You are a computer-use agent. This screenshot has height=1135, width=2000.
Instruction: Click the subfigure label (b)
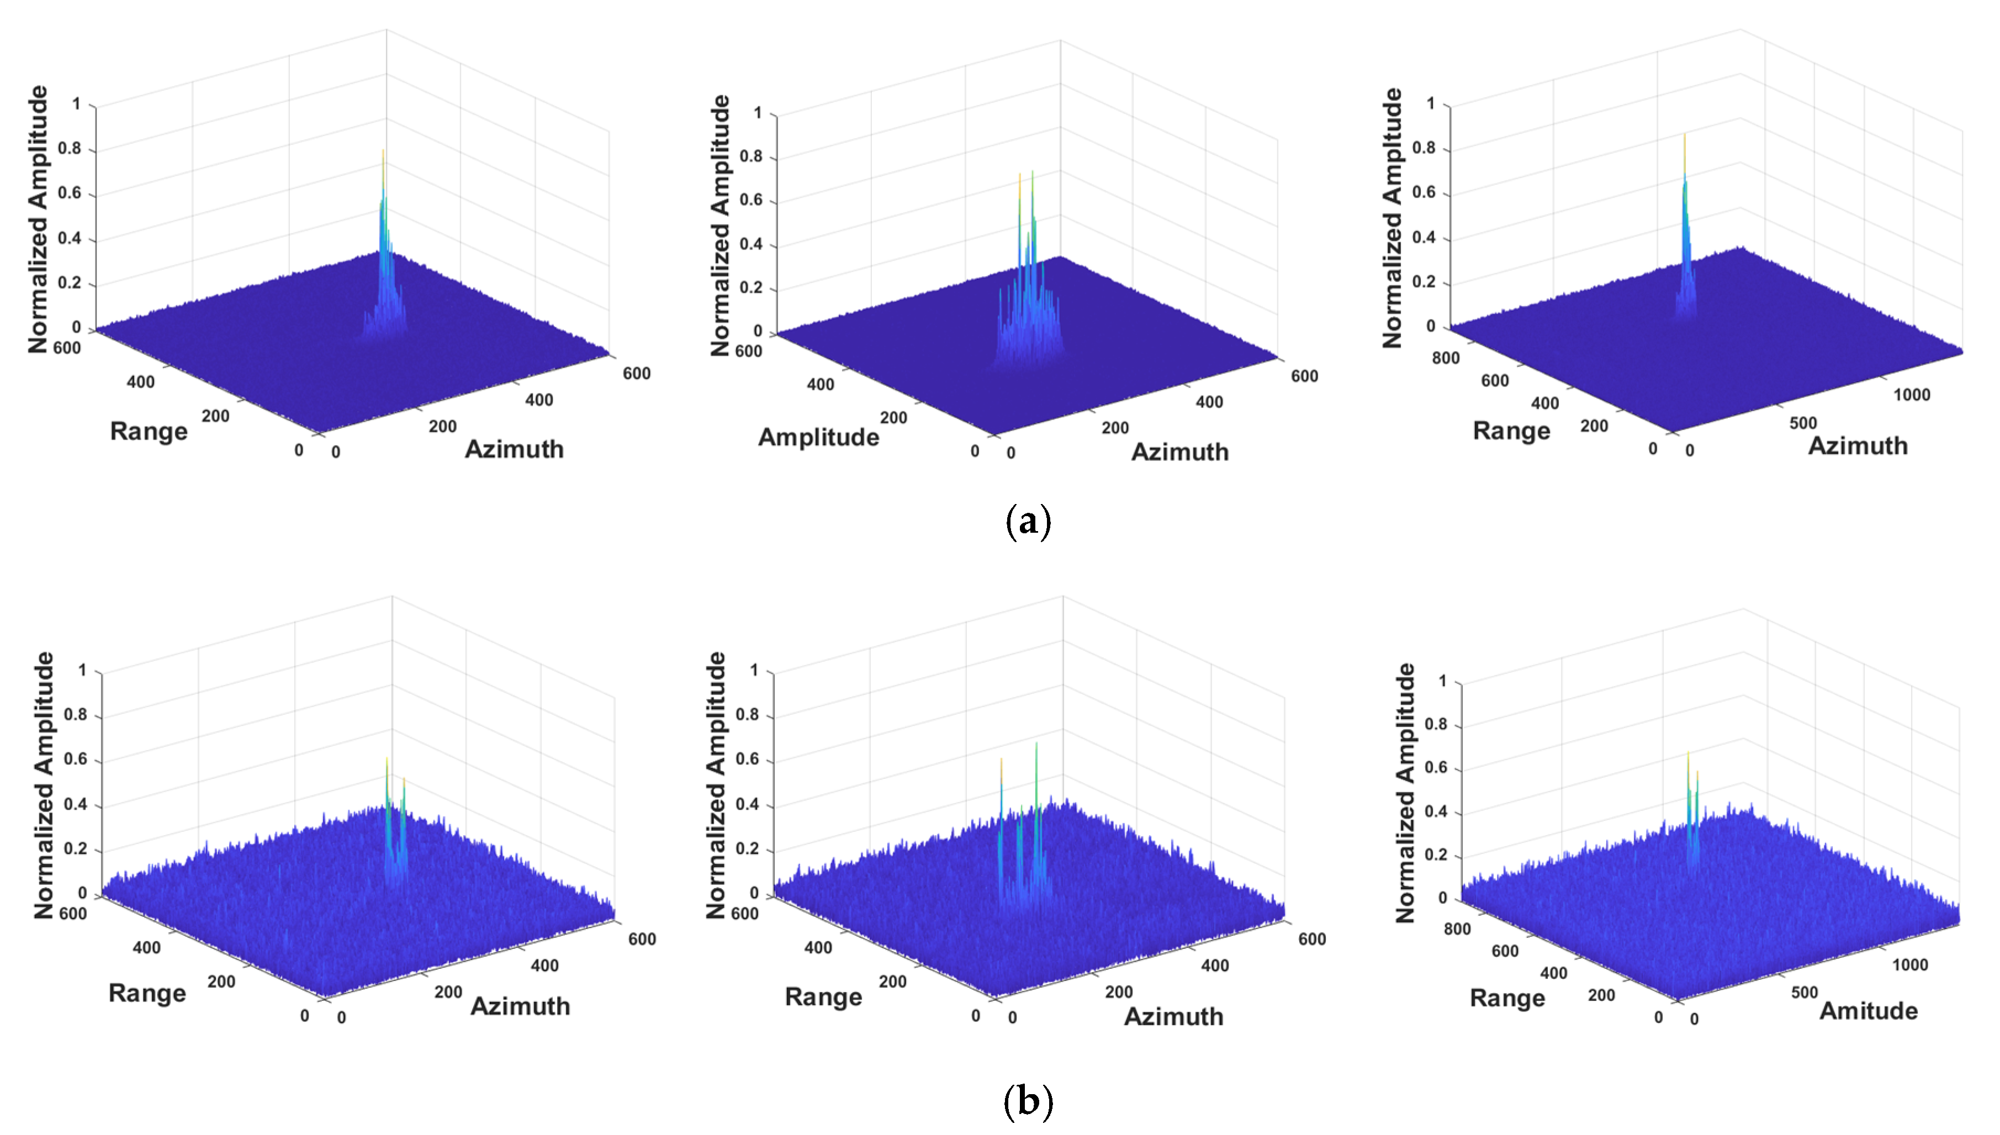[1028, 1101]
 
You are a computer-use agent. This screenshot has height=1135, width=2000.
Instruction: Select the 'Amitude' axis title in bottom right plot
[1868, 1011]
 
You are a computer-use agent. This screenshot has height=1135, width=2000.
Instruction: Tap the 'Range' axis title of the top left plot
[148, 431]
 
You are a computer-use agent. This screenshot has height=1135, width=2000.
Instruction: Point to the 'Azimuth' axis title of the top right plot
[1858, 446]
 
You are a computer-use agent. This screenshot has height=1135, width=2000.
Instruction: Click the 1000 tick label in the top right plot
[1911, 395]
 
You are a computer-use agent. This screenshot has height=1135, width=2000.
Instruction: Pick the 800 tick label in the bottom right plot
[1457, 929]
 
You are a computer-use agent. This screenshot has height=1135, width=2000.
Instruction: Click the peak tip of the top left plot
[383, 152]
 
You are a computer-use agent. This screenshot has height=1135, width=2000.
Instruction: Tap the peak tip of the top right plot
[1684, 136]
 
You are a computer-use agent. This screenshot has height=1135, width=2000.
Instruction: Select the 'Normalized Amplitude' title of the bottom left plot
[44, 785]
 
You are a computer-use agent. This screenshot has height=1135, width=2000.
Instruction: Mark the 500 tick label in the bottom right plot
[1803, 993]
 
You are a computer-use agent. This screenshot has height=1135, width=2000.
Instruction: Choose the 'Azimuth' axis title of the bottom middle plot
[1173, 1016]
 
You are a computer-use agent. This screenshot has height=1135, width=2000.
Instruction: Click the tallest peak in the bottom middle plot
[1036, 745]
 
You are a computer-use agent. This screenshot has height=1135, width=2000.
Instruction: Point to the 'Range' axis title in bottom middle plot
[823, 997]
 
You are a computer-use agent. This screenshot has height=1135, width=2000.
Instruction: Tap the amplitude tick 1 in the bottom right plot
[1442, 681]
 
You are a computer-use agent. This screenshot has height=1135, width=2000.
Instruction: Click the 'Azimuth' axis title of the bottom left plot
[520, 1006]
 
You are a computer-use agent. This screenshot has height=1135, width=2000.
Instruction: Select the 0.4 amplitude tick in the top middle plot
[751, 244]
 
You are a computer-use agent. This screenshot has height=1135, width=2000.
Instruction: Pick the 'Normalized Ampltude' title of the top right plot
[1392, 218]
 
